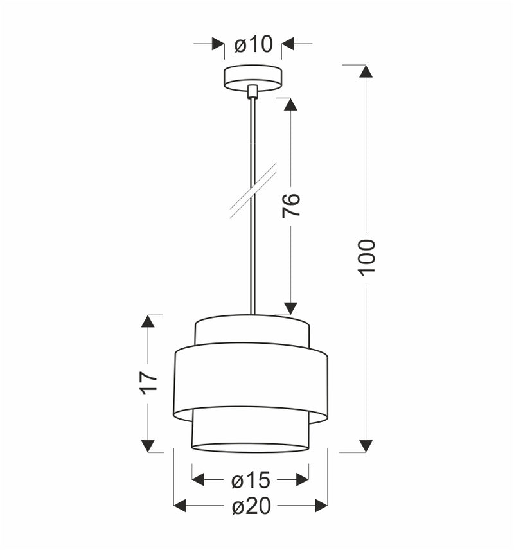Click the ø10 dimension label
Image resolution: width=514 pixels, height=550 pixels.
point(253,44)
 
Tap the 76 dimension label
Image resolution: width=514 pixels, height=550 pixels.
point(291,204)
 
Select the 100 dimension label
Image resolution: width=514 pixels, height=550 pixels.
point(366,256)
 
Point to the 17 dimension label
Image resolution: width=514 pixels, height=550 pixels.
point(148,382)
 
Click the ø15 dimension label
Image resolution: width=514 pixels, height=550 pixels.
point(251,480)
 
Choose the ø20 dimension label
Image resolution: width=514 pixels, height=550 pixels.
point(251,506)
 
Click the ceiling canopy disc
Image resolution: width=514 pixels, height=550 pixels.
point(253,77)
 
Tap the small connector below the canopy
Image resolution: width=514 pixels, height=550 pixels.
point(253,91)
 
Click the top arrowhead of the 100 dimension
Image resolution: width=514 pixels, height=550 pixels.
point(366,71)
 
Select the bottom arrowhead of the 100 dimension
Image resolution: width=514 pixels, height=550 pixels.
point(366,445)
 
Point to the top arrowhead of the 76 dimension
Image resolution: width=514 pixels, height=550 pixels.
point(291,104)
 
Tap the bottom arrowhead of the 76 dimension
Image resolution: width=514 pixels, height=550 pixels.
point(291,308)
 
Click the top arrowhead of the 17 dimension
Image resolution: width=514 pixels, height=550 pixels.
point(148,321)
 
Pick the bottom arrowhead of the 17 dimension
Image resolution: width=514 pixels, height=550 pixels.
point(148,445)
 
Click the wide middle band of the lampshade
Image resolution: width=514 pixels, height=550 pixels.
point(251,379)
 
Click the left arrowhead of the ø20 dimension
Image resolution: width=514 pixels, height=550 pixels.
point(181,506)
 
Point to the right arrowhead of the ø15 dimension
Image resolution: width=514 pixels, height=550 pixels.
point(302,480)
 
